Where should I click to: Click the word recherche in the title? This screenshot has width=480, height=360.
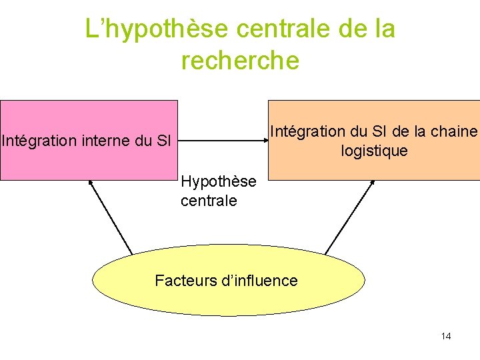240,60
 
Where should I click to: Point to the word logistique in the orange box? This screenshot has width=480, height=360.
374,151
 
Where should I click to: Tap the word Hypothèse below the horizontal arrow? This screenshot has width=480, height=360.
218,182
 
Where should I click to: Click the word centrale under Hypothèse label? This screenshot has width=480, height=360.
209,201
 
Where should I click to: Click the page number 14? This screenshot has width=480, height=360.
446,336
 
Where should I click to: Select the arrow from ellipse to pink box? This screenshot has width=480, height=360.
111,217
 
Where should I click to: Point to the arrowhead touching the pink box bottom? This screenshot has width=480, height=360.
91,182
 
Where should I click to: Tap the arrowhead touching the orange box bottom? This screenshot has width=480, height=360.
372,183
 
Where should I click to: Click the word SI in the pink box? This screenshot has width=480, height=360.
165,141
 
